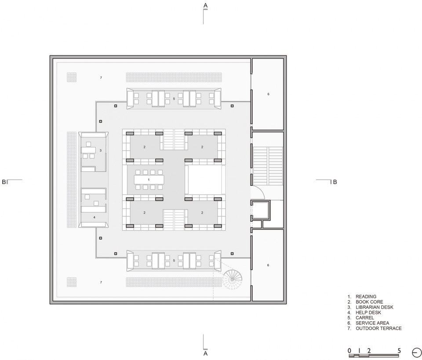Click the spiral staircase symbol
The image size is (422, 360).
point(232,279)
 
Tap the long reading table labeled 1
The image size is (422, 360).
point(149,180)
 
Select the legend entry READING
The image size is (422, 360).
point(366,297)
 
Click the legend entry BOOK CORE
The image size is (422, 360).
point(369,302)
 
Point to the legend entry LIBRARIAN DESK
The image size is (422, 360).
point(375,307)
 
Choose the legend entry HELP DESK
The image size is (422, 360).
point(368,312)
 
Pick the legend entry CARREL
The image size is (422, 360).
point(365,318)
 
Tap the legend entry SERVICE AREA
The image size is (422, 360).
point(372,323)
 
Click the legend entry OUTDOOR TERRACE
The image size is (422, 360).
point(378,328)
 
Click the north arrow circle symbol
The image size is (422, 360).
point(417,352)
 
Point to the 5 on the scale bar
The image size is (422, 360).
point(399,351)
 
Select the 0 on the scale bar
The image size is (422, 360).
point(349,351)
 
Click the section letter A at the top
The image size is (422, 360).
point(205,5)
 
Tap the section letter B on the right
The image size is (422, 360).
point(335,182)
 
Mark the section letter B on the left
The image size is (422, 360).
point(4,182)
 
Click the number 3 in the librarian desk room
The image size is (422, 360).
point(100,151)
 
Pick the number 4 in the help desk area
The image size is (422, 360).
point(94,217)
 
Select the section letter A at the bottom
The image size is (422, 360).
point(205,353)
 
